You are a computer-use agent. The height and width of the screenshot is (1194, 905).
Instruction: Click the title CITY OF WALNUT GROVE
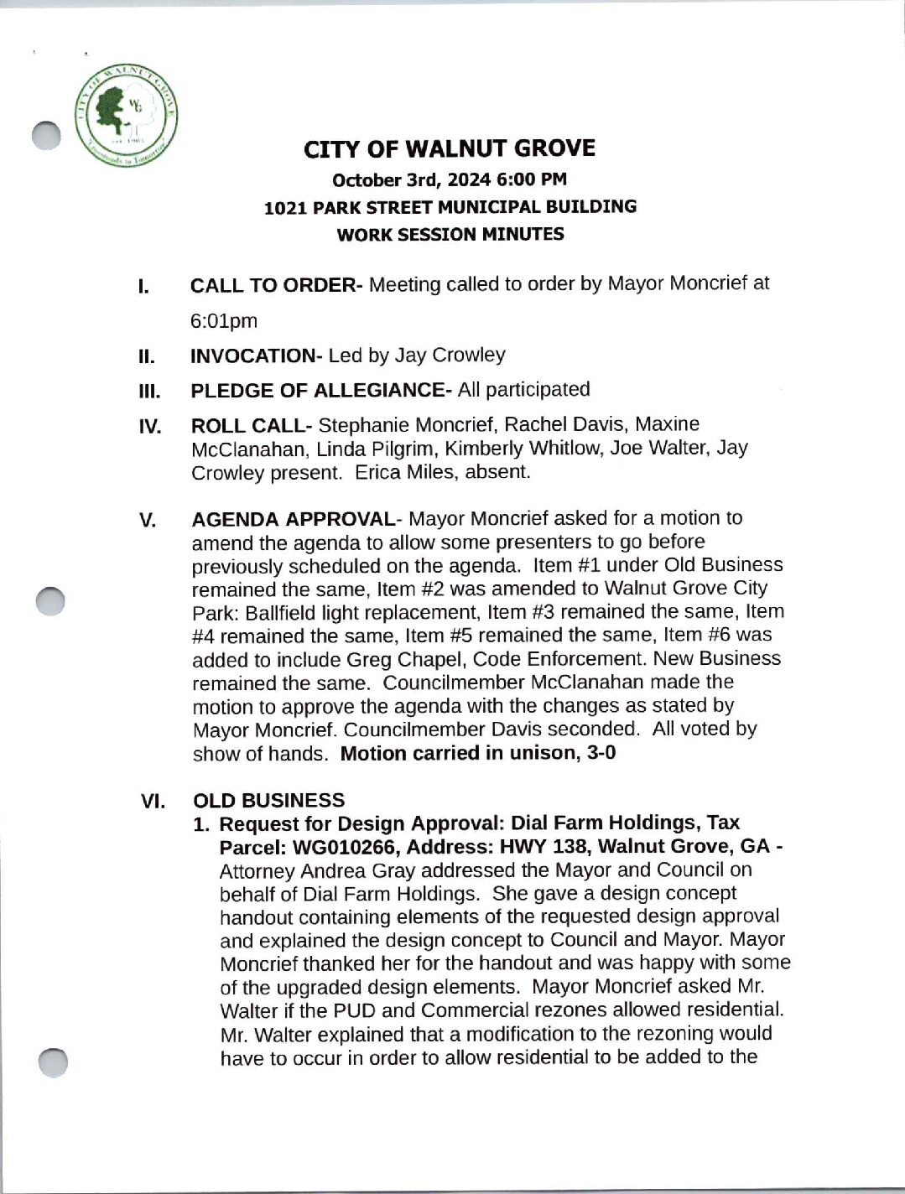[x=450, y=149]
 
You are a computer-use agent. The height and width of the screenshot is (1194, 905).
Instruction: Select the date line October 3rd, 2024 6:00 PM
[x=450, y=179]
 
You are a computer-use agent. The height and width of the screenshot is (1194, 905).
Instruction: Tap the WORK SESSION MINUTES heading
[x=450, y=235]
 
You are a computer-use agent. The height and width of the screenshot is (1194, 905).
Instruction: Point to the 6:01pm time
[x=224, y=321]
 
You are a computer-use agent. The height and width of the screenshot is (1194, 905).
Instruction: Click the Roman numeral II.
[x=146, y=357]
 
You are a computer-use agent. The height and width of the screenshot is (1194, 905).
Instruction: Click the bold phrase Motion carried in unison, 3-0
[x=478, y=753]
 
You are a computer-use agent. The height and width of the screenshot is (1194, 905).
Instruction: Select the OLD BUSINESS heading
[x=268, y=801]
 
